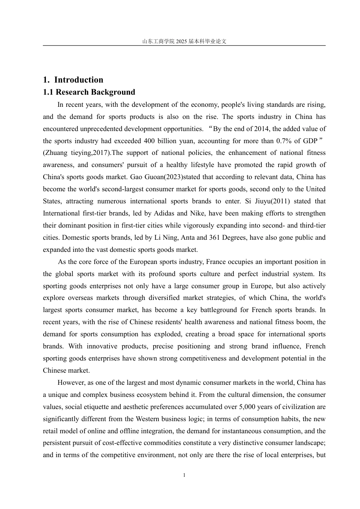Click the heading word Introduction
tap(79, 80)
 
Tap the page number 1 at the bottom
tap(184, 475)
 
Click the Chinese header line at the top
tap(184, 41)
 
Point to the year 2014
tap(261, 129)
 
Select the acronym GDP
tap(310, 141)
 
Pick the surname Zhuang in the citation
tap(56, 153)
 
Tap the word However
tap(71, 383)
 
